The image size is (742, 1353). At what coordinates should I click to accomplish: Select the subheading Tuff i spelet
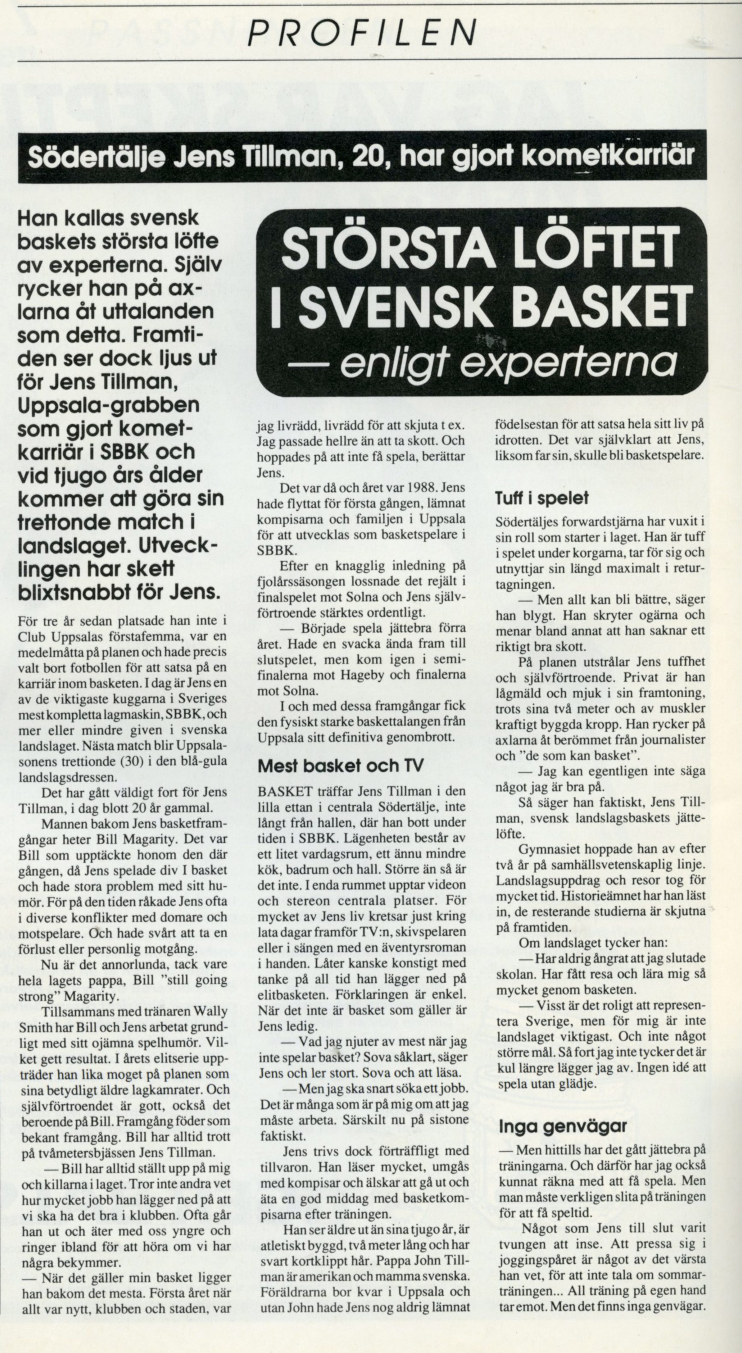(x=541, y=498)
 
